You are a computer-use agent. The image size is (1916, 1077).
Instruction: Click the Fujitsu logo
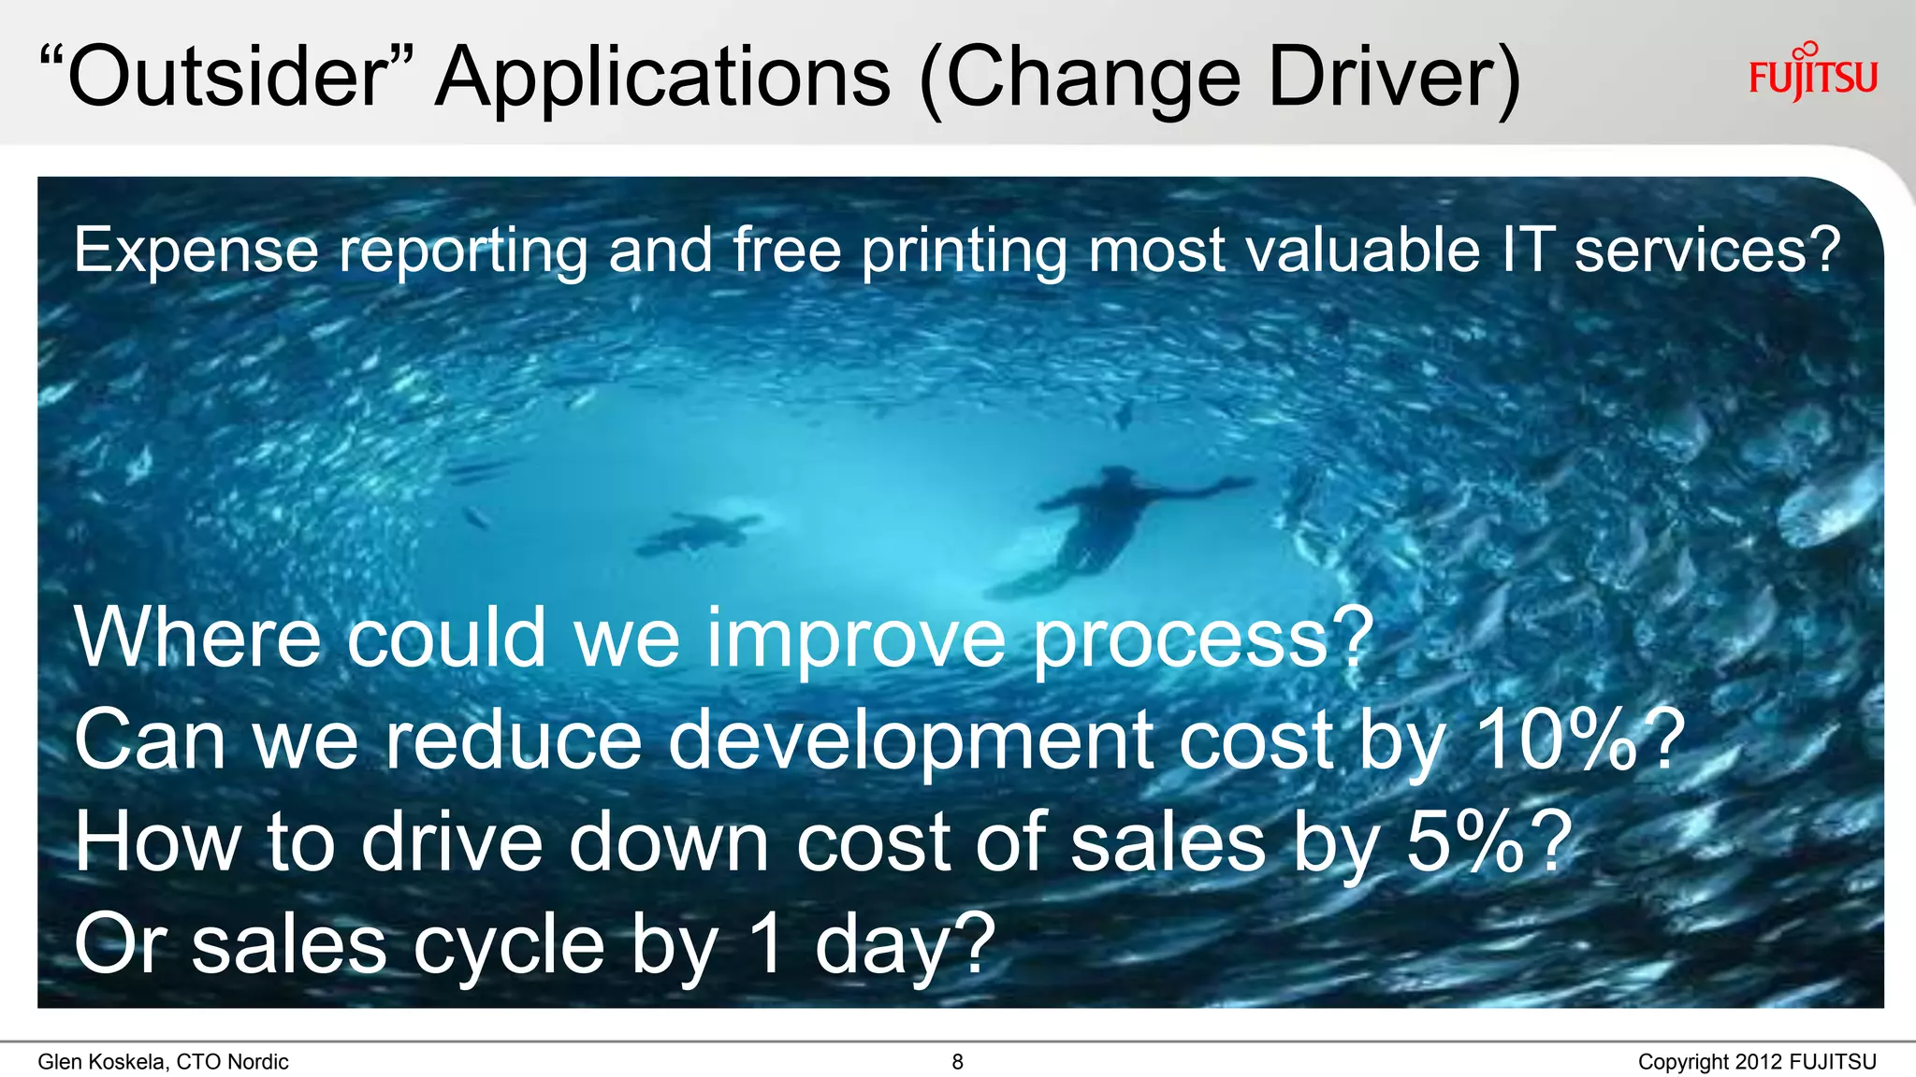[x=1812, y=74]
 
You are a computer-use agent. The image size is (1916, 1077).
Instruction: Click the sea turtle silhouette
[x=698, y=533]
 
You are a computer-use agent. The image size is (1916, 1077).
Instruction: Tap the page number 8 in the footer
[x=957, y=1062]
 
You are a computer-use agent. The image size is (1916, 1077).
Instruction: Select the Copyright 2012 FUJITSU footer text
[x=1756, y=1062]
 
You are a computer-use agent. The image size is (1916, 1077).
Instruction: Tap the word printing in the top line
[x=964, y=252]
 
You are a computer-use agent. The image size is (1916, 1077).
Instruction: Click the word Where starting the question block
[x=197, y=638]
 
